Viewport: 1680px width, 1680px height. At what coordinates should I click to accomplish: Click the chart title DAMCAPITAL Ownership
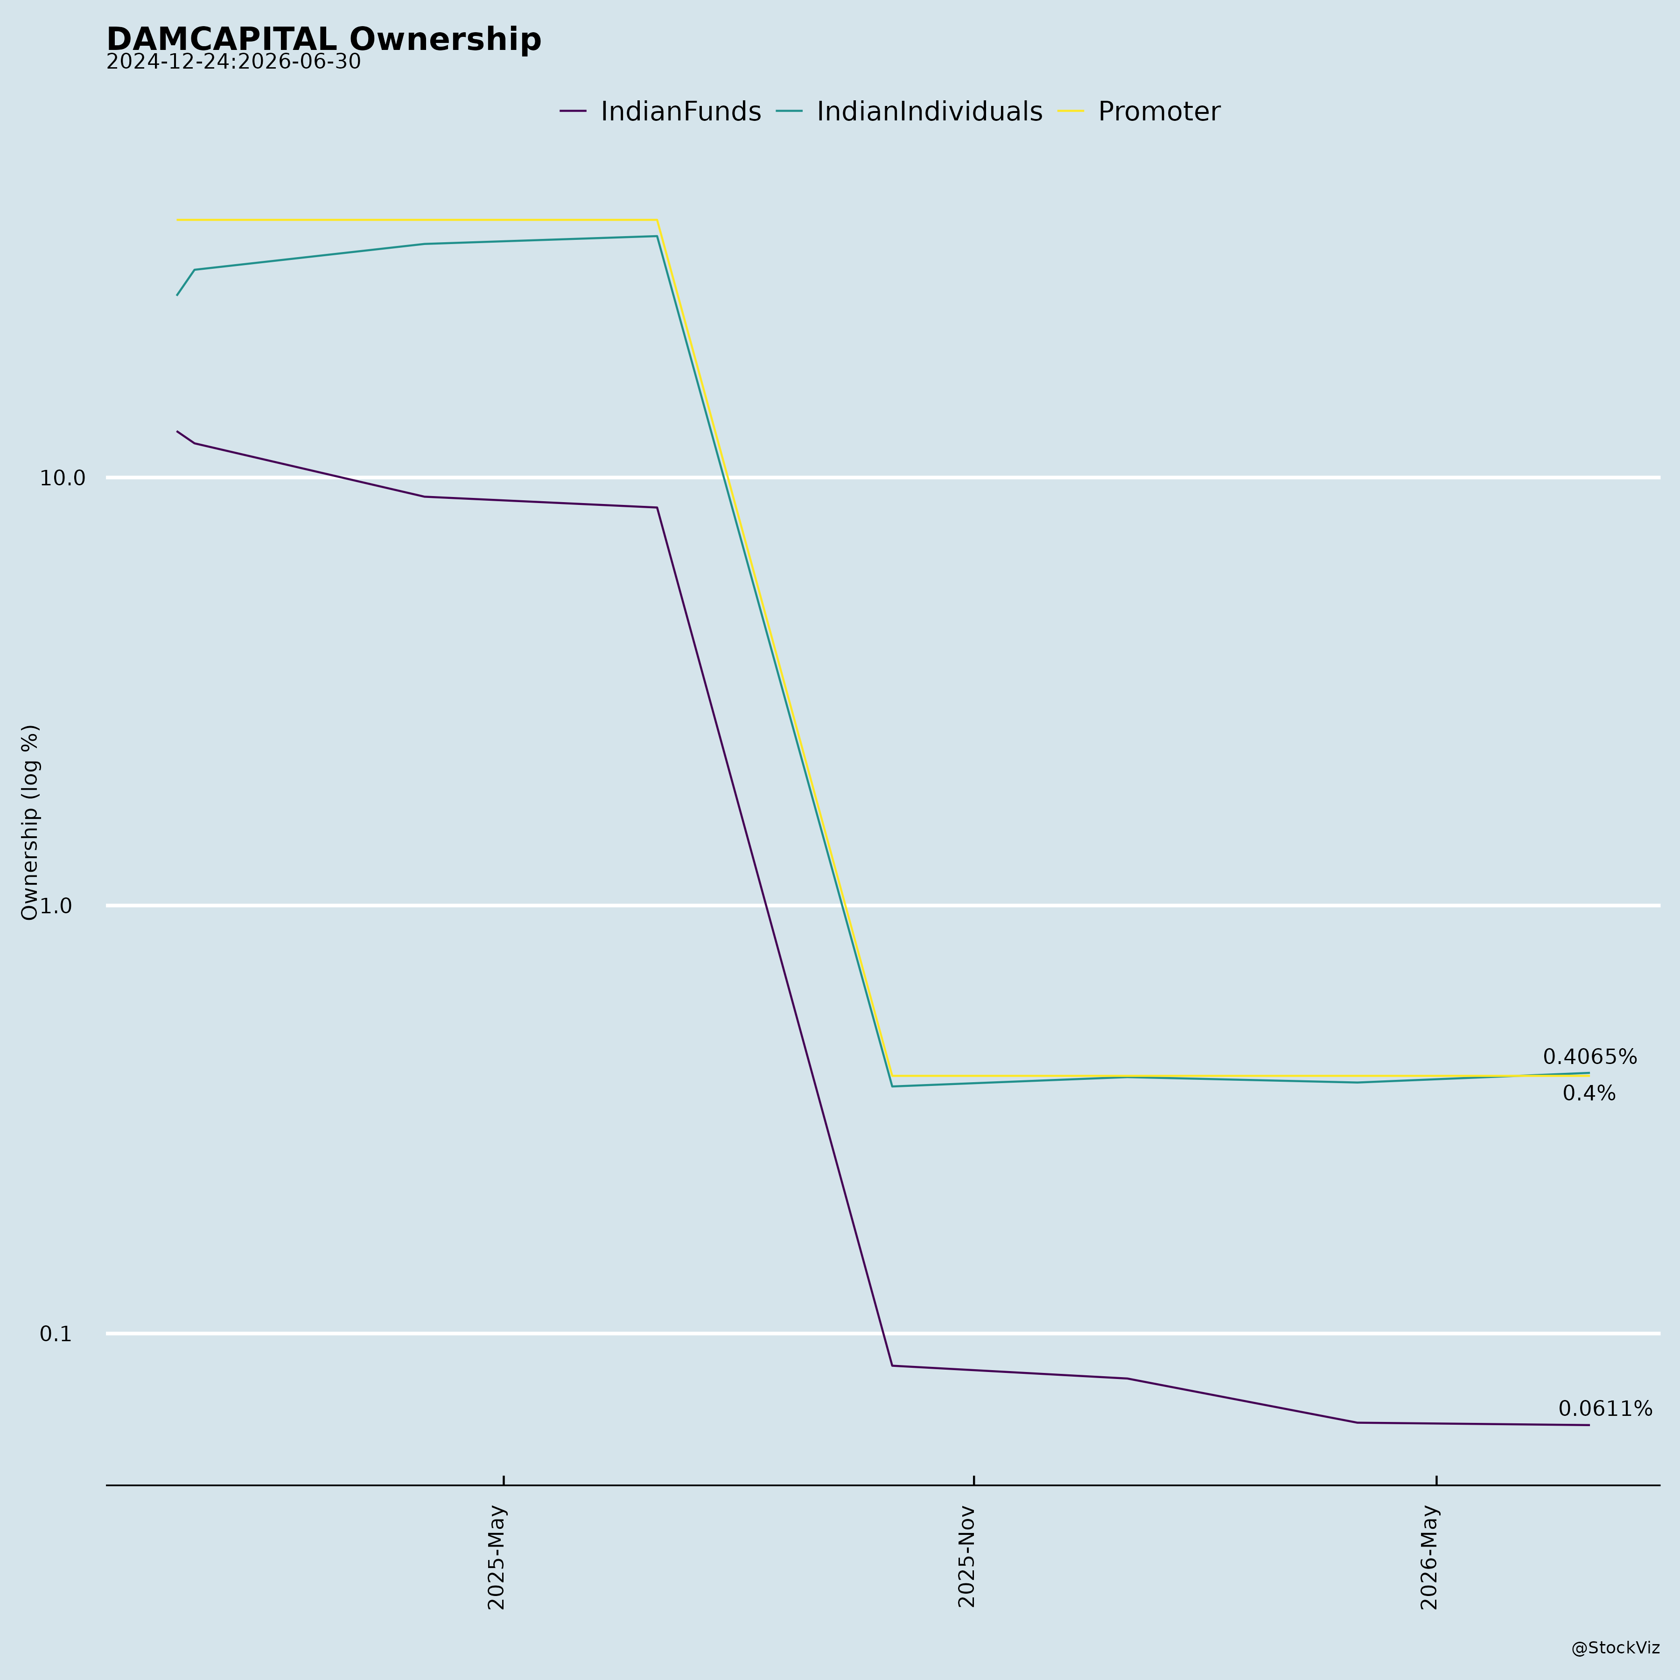pos(323,39)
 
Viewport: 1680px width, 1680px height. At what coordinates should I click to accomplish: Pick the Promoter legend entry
pos(1139,112)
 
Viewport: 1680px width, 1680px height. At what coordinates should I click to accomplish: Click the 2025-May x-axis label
pos(497,1556)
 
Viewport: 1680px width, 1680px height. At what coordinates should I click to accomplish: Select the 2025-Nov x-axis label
pos(966,1556)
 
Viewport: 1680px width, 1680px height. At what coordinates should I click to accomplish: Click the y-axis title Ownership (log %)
pos(30,822)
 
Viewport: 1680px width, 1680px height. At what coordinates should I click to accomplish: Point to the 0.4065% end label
pos(1589,1057)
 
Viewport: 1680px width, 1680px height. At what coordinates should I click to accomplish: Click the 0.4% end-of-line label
pos(1589,1094)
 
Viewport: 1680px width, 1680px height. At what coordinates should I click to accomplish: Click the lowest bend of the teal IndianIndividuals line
pos(892,1086)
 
